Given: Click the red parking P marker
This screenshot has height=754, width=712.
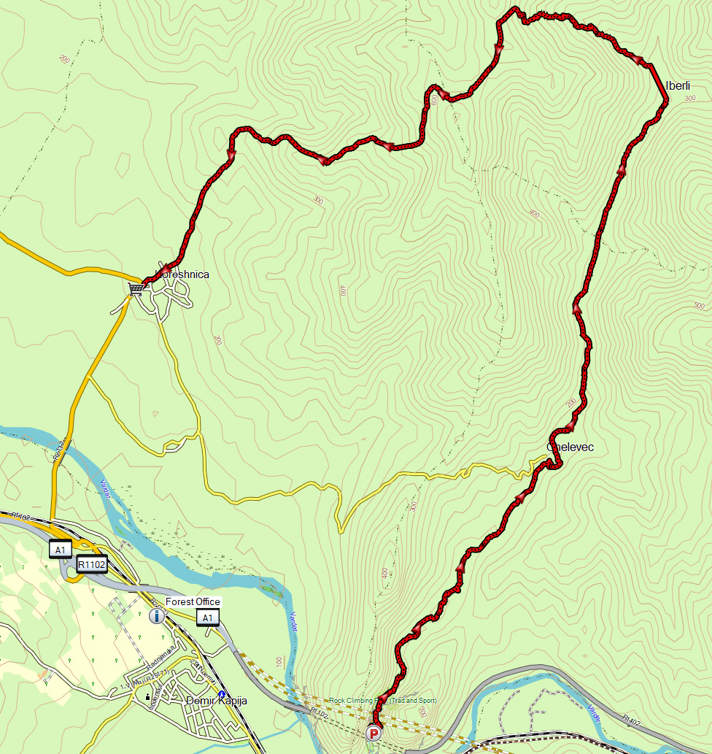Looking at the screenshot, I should pyautogui.click(x=374, y=733).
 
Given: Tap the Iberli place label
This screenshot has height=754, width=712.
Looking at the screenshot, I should pyautogui.click(x=678, y=85).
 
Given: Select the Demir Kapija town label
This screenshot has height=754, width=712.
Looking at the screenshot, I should pyautogui.click(x=217, y=701).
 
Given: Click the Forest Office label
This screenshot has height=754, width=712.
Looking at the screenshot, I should pyautogui.click(x=193, y=601).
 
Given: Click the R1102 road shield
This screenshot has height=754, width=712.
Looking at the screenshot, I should pyautogui.click(x=92, y=564).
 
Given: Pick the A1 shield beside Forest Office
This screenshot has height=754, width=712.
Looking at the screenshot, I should pyautogui.click(x=208, y=619).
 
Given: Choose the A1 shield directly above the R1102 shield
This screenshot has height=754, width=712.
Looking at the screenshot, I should pyautogui.click(x=60, y=549).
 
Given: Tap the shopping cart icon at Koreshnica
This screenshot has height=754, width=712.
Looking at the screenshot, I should pyautogui.click(x=136, y=289).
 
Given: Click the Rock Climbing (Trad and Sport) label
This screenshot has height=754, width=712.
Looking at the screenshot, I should pyautogui.click(x=383, y=701).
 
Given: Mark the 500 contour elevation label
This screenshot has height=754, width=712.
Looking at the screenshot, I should pyautogui.click(x=700, y=305).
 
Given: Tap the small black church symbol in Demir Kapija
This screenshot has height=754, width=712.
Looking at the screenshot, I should pyautogui.click(x=148, y=698).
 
